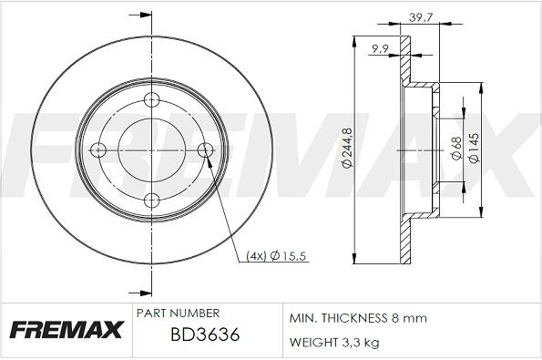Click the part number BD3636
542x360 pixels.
coord(205,336)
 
